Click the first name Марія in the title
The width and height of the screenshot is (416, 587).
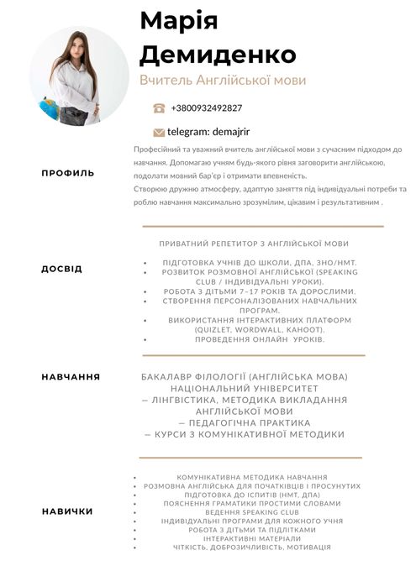[x=178, y=21]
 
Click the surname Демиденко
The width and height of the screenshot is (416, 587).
[x=218, y=55]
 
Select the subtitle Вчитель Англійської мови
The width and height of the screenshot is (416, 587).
[x=223, y=81]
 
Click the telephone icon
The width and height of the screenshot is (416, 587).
[x=159, y=108]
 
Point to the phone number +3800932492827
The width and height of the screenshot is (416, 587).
[x=206, y=108]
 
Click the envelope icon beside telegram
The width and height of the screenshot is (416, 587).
[x=159, y=132]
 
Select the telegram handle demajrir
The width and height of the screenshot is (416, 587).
[x=230, y=132]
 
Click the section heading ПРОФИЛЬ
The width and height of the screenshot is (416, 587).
[x=68, y=173]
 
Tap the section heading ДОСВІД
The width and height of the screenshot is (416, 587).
[x=62, y=270]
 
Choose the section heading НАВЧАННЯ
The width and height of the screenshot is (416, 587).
[x=71, y=377]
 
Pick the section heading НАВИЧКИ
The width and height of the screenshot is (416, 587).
[x=67, y=511]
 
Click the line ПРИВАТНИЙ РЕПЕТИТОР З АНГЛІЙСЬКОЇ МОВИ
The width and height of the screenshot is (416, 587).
[x=254, y=244]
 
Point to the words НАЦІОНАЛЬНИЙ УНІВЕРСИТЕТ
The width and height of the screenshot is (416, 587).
[x=245, y=390]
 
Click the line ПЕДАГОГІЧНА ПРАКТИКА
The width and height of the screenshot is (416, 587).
[x=245, y=423]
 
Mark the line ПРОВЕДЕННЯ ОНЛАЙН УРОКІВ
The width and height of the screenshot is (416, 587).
[x=260, y=339]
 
